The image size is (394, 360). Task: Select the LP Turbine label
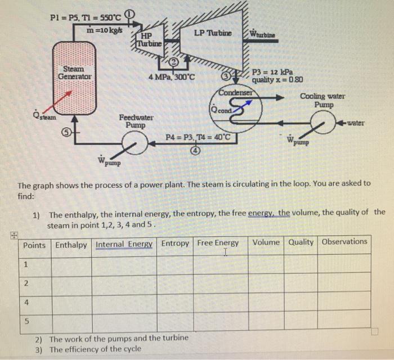tap(212, 33)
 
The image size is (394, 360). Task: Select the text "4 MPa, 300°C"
tap(172, 76)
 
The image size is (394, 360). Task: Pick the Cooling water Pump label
tap(323, 101)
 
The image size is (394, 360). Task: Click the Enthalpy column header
tap(71, 244)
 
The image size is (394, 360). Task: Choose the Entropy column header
tap(175, 244)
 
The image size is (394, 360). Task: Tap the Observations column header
tap(344, 242)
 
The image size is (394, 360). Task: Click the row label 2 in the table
tap(26, 283)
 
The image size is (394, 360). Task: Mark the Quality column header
tap(302, 242)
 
